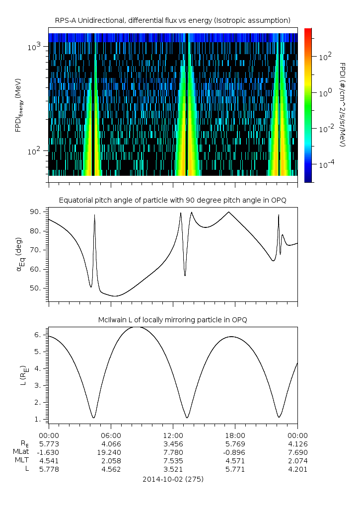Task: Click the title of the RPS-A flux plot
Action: coord(172,20)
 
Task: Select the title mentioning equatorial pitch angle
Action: coord(172,200)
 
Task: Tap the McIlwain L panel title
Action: coord(172,319)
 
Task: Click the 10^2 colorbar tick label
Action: coord(325,57)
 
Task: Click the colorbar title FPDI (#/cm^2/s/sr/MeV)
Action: coord(343,104)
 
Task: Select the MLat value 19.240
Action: coord(111,452)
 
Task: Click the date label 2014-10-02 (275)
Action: coord(172,480)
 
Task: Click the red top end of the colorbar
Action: coord(308,31)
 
